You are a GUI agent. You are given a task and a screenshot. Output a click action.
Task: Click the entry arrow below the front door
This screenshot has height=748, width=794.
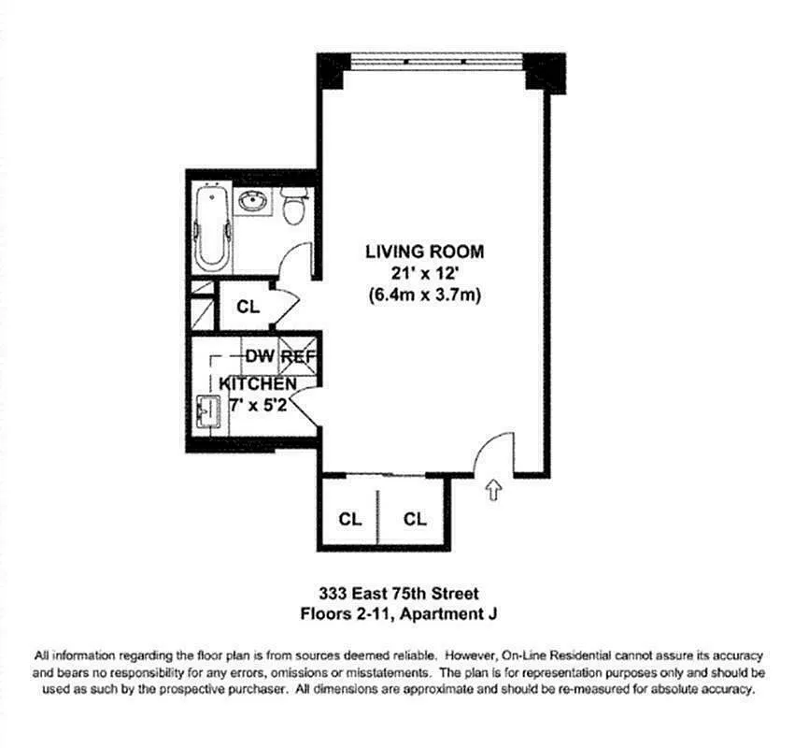tap(492, 490)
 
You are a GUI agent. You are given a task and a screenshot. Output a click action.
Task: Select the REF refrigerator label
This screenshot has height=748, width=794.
tap(299, 356)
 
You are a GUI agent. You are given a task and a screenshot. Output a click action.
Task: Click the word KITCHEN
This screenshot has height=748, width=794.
tap(258, 384)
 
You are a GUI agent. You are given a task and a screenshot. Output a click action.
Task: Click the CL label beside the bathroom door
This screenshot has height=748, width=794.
tap(248, 306)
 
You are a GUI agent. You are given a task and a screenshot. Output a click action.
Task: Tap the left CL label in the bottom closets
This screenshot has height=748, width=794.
tap(349, 518)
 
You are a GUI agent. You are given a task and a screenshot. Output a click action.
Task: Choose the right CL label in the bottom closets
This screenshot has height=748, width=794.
tap(415, 518)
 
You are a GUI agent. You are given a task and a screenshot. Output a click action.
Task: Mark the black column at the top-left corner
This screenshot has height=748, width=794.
tap(333, 70)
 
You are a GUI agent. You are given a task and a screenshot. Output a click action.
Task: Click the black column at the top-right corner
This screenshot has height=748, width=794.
tap(545, 71)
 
